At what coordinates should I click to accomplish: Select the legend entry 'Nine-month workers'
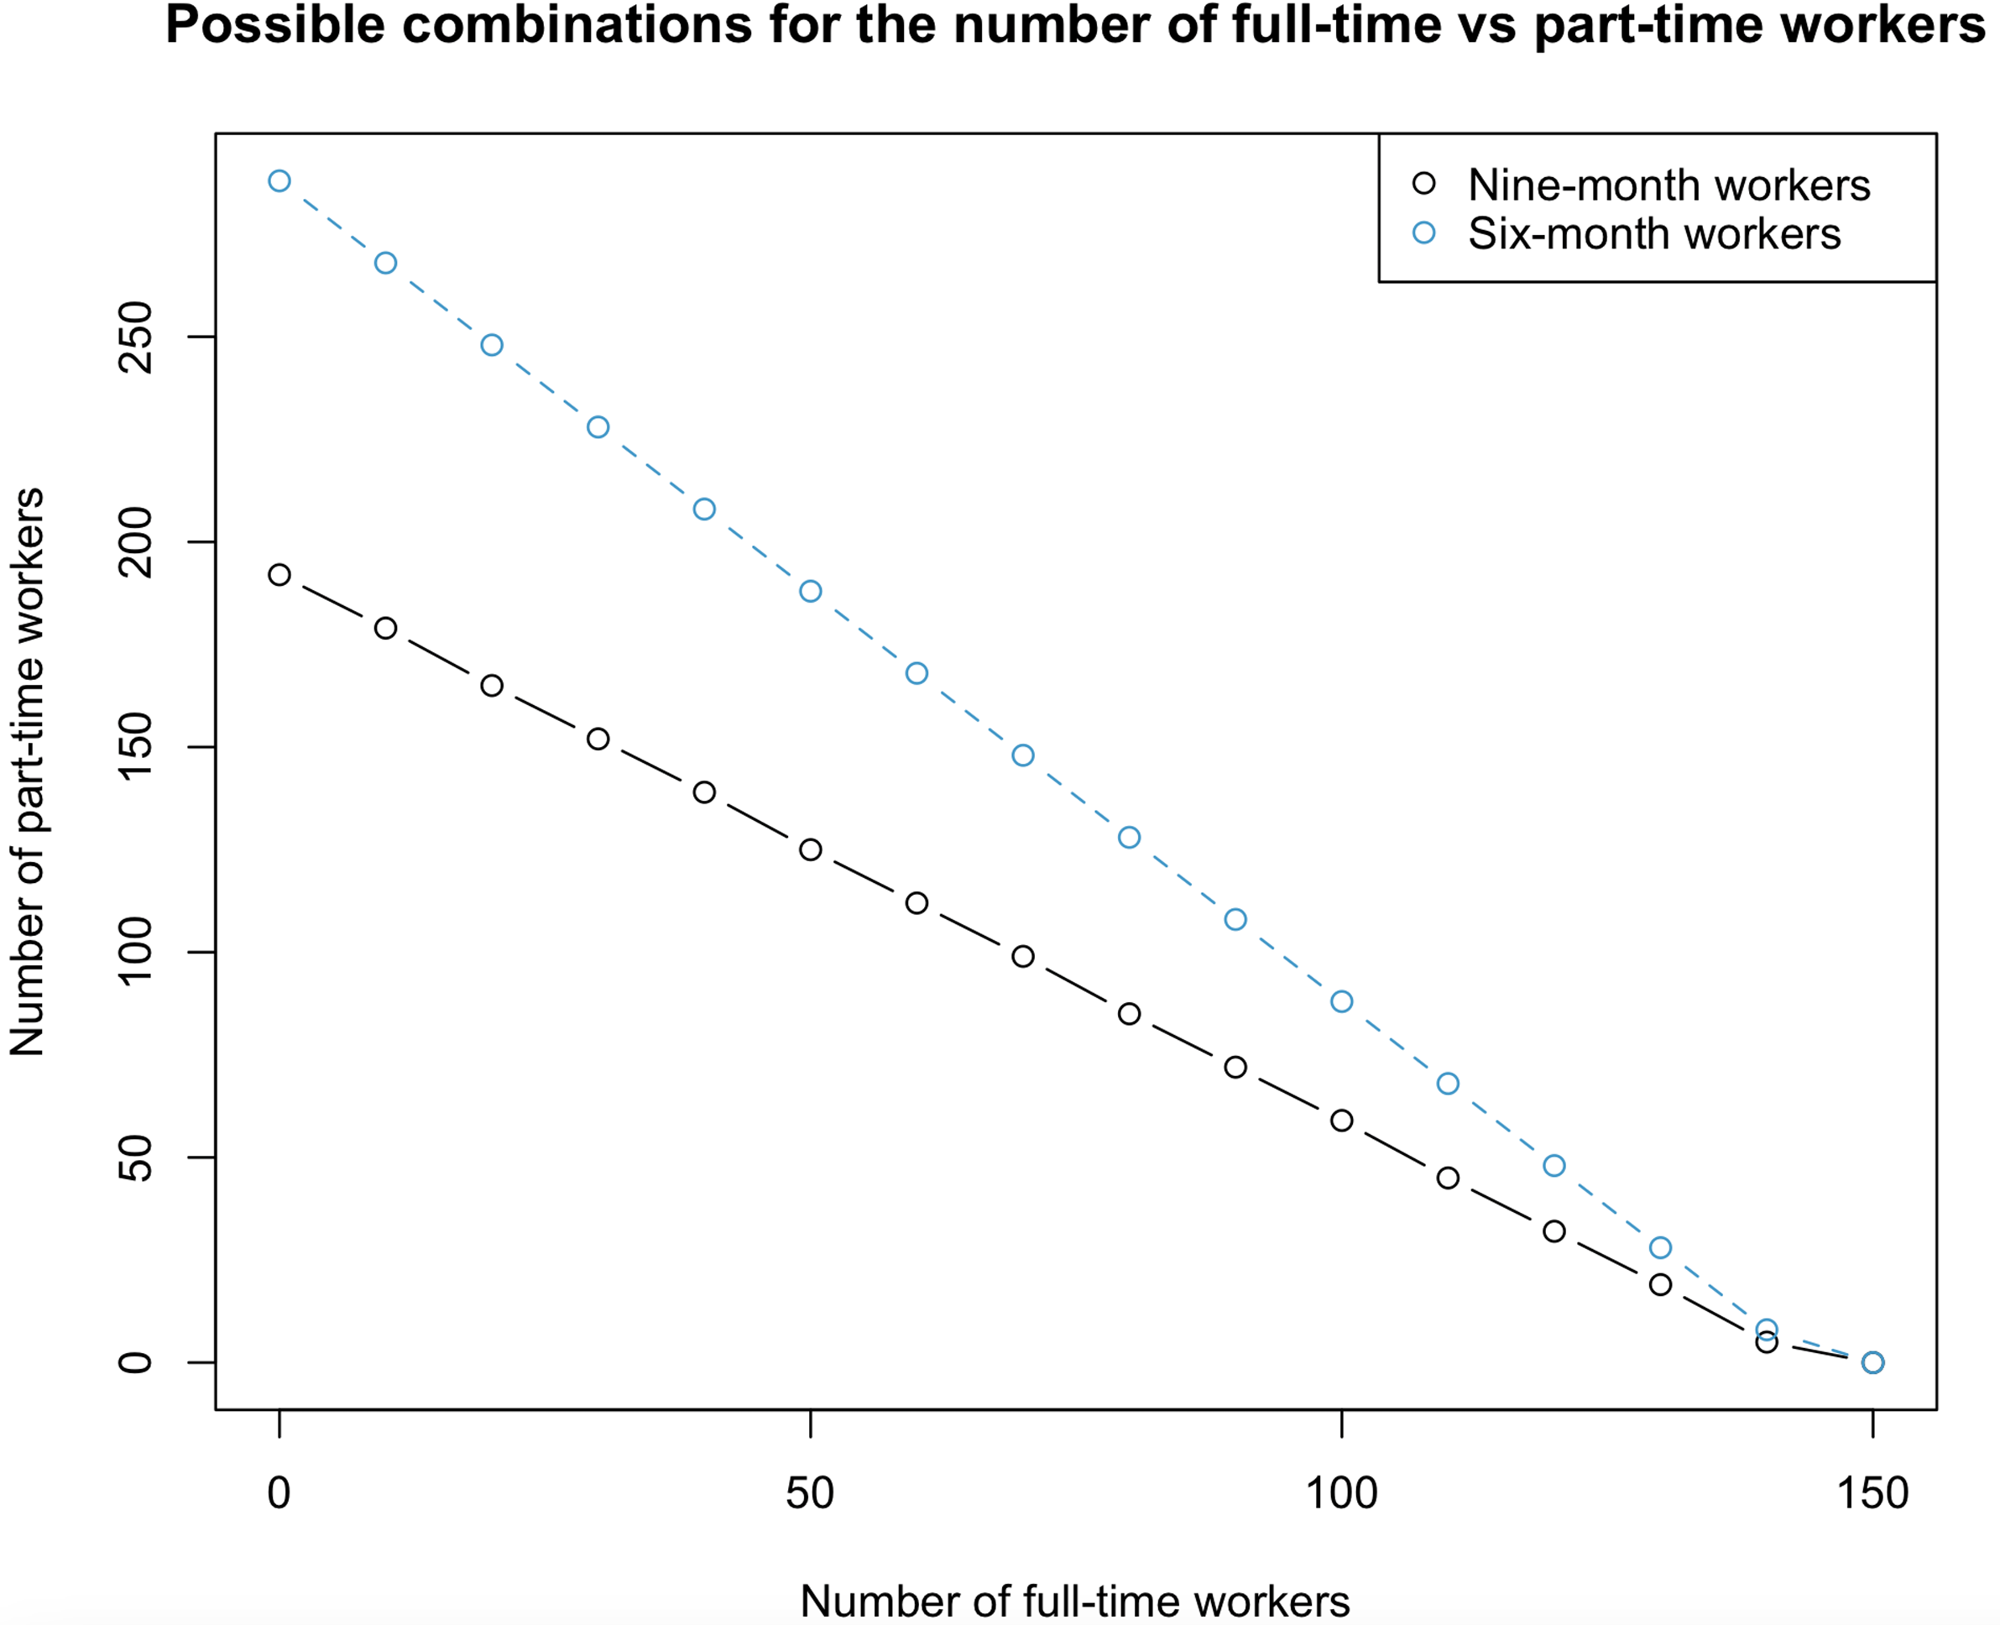tap(1668, 185)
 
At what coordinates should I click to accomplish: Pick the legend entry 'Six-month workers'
tap(1653, 234)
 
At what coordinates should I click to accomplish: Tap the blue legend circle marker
tap(1423, 233)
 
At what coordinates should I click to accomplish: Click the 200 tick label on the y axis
tap(136, 542)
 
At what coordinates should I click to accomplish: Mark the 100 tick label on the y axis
tap(136, 952)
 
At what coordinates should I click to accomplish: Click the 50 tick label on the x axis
tap(810, 1493)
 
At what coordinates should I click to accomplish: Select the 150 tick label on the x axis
tap(1872, 1493)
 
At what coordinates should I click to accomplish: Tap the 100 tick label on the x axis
tap(1341, 1493)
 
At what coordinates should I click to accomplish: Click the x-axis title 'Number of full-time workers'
tap(1074, 1601)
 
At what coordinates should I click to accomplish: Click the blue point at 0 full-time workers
tap(279, 180)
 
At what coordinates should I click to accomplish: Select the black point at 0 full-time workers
tap(279, 575)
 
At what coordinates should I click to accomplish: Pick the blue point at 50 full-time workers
tap(811, 592)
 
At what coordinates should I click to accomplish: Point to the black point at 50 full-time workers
tap(811, 850)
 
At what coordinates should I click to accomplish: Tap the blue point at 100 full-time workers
tap(1341, 1001)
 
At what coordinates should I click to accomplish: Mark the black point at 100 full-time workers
tap(1341, 1121)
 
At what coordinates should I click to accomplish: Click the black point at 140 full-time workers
tap(1766, 1343)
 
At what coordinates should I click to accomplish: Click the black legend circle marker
tap(1423, 184)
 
